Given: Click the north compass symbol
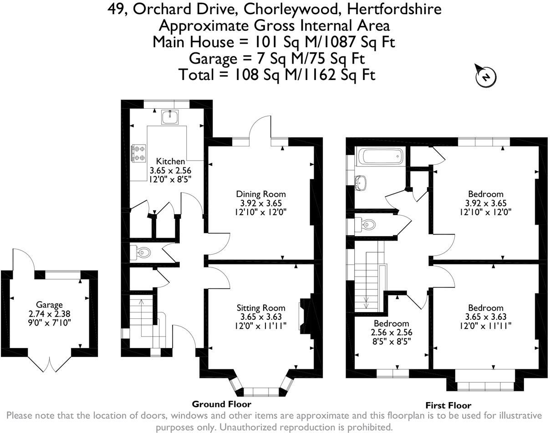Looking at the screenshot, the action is (486, 76).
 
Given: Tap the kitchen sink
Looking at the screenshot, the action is (170, 117).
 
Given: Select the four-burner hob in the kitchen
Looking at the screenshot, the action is (139, 153).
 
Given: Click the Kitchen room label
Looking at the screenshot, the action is (170, 161).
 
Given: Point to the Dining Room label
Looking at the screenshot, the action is (261, 194).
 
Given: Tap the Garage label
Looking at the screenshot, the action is (49, 305).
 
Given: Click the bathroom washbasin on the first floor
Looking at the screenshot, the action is (360, 183).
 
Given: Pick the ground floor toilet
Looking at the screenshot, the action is (140, 252).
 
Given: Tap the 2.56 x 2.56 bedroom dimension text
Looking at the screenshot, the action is (391, 332).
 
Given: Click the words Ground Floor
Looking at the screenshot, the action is (222, 404).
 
